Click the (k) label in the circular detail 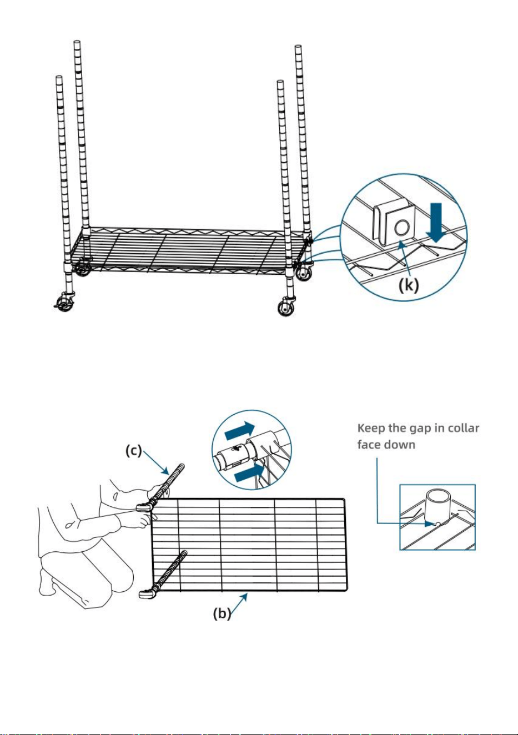click(409, 285)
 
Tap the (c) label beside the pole click(134, 451)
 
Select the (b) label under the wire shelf click(222, 613)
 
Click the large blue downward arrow click(436, 223)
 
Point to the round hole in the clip click(402, 228)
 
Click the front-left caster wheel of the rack click(65, 304)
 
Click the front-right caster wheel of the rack click(285, 308)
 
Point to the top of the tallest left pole click(77, 42)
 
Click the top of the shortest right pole click(280, 82)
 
